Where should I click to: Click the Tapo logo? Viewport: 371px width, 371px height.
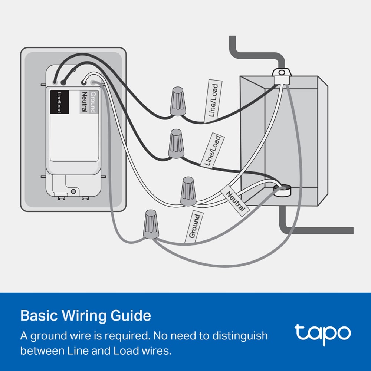click(322, 333)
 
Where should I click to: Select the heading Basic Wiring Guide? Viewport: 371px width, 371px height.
click(86, 316)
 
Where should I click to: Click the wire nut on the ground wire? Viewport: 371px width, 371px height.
click(151, 224)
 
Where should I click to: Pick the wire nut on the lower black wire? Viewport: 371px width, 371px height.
click(177, 143)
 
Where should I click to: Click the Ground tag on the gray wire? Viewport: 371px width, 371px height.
click(194, 226)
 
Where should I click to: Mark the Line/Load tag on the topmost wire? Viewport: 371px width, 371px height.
click(213, 101)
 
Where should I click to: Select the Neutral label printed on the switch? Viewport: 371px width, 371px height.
click(84, 102)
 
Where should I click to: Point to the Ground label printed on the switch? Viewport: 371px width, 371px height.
click(93, 102)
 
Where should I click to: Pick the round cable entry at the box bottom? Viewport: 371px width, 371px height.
click(283, 190)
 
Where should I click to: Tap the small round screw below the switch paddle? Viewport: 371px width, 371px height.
click(74, 191)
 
